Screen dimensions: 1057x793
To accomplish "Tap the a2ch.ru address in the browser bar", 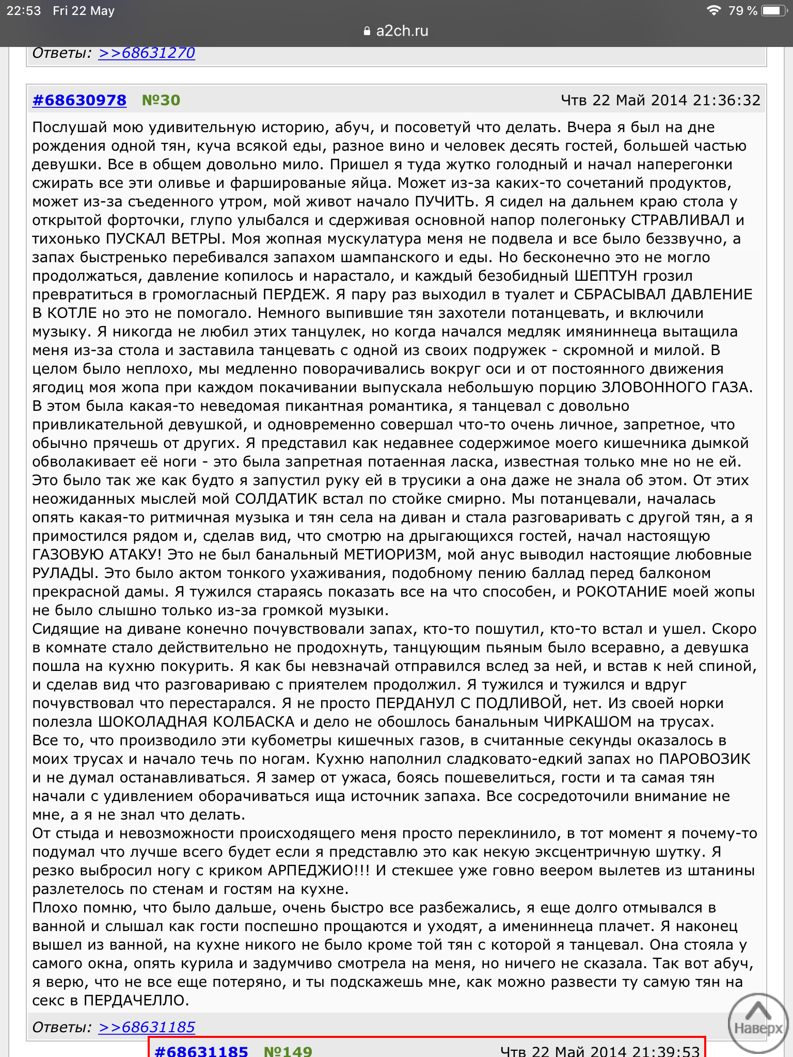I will (402, 31).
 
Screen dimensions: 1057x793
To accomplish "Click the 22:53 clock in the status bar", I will (23, 11).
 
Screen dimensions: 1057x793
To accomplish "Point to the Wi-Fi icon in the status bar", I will (713, 10).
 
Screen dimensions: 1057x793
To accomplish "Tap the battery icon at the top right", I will (774, 11).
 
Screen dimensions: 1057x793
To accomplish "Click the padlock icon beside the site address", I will (367, 31).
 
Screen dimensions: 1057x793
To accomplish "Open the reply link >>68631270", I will (147, 53).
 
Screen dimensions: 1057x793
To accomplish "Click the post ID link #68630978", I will (80, 100).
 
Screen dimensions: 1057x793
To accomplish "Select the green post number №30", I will (161, 100).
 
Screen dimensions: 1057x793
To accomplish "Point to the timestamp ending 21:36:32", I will (660, 100).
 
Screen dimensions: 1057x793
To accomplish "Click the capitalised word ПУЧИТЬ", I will (445, 202).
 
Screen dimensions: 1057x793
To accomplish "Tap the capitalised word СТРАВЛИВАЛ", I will (680, 220).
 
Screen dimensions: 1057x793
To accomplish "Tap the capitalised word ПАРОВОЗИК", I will (704, 759).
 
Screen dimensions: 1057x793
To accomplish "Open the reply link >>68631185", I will (147, 1027).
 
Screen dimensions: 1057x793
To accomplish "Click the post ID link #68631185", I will (201, 1051).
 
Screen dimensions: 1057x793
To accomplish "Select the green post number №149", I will (288, 1051).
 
